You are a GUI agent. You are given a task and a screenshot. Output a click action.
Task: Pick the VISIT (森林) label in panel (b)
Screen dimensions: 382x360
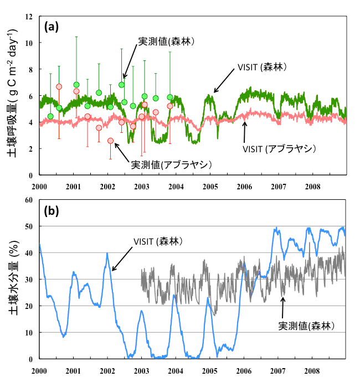(x=158, y=242)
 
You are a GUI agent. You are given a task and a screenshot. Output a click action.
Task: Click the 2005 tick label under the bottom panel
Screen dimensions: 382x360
(x=210, y=369)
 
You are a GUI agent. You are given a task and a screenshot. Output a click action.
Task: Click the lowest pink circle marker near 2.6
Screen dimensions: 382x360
(x=110, y=141)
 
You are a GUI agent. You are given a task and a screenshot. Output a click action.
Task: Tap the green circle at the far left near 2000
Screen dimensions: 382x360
(x=50, y=116)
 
